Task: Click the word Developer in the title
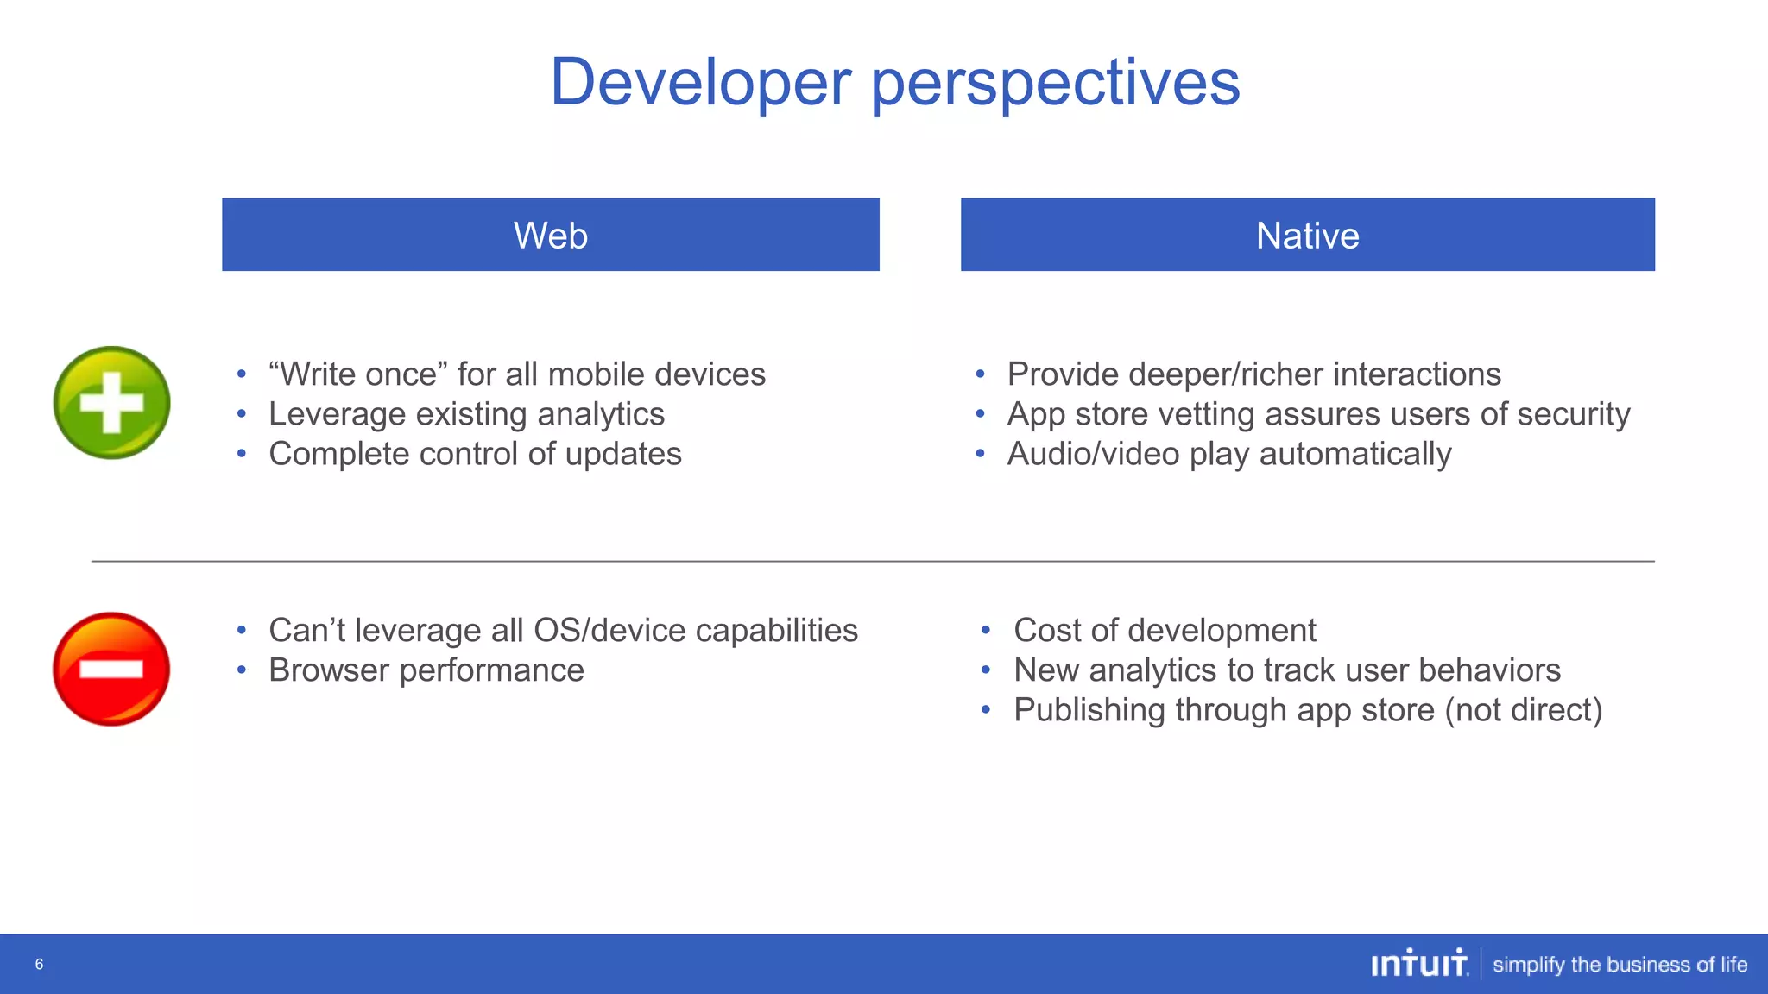pos(701,83)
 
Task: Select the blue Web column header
pos(550,235)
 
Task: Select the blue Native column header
pos(1307,235)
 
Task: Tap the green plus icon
pos(111,403)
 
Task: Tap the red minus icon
pos(111,669)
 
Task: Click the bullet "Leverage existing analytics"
pos(466,414)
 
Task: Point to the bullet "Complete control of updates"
pos(475,454)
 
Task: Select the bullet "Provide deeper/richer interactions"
pos(1253,374)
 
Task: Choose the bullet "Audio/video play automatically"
pos(1229,454)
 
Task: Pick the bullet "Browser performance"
pos(426,670)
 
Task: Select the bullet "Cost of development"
pos(1165,631)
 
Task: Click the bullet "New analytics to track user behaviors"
pos(1286,670)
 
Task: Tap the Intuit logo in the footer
pos(1419,964)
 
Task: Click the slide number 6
pos(39,965)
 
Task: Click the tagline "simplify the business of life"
pos(1620,965)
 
